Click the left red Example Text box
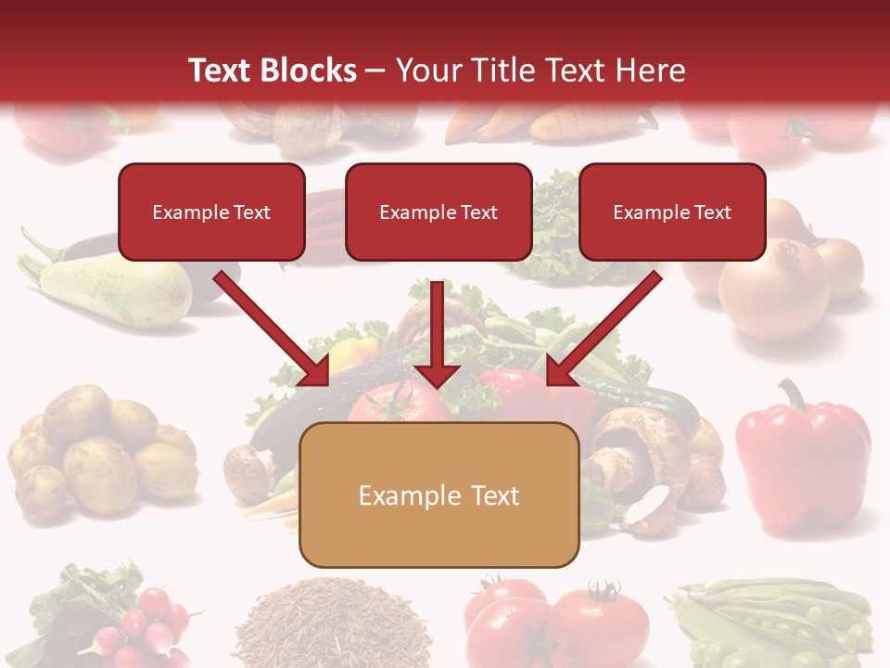pyautogui.click(x=211, y=212)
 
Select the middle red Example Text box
pyautogui.click(x=439, y=212)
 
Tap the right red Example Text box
pyautogui.click(x=672, y=212)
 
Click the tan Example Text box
pyautogui.click(x=439, y=495)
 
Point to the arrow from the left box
pyautogui.click(x=271, y=328)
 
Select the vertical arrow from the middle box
pyautogui.click(x=437, y=334)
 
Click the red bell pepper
pyautogui.click(x=801, y=459)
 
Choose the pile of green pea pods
pyautogui.click(x=779, y=622)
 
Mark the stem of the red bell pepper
pyautogui.click(x=792, y=394)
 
